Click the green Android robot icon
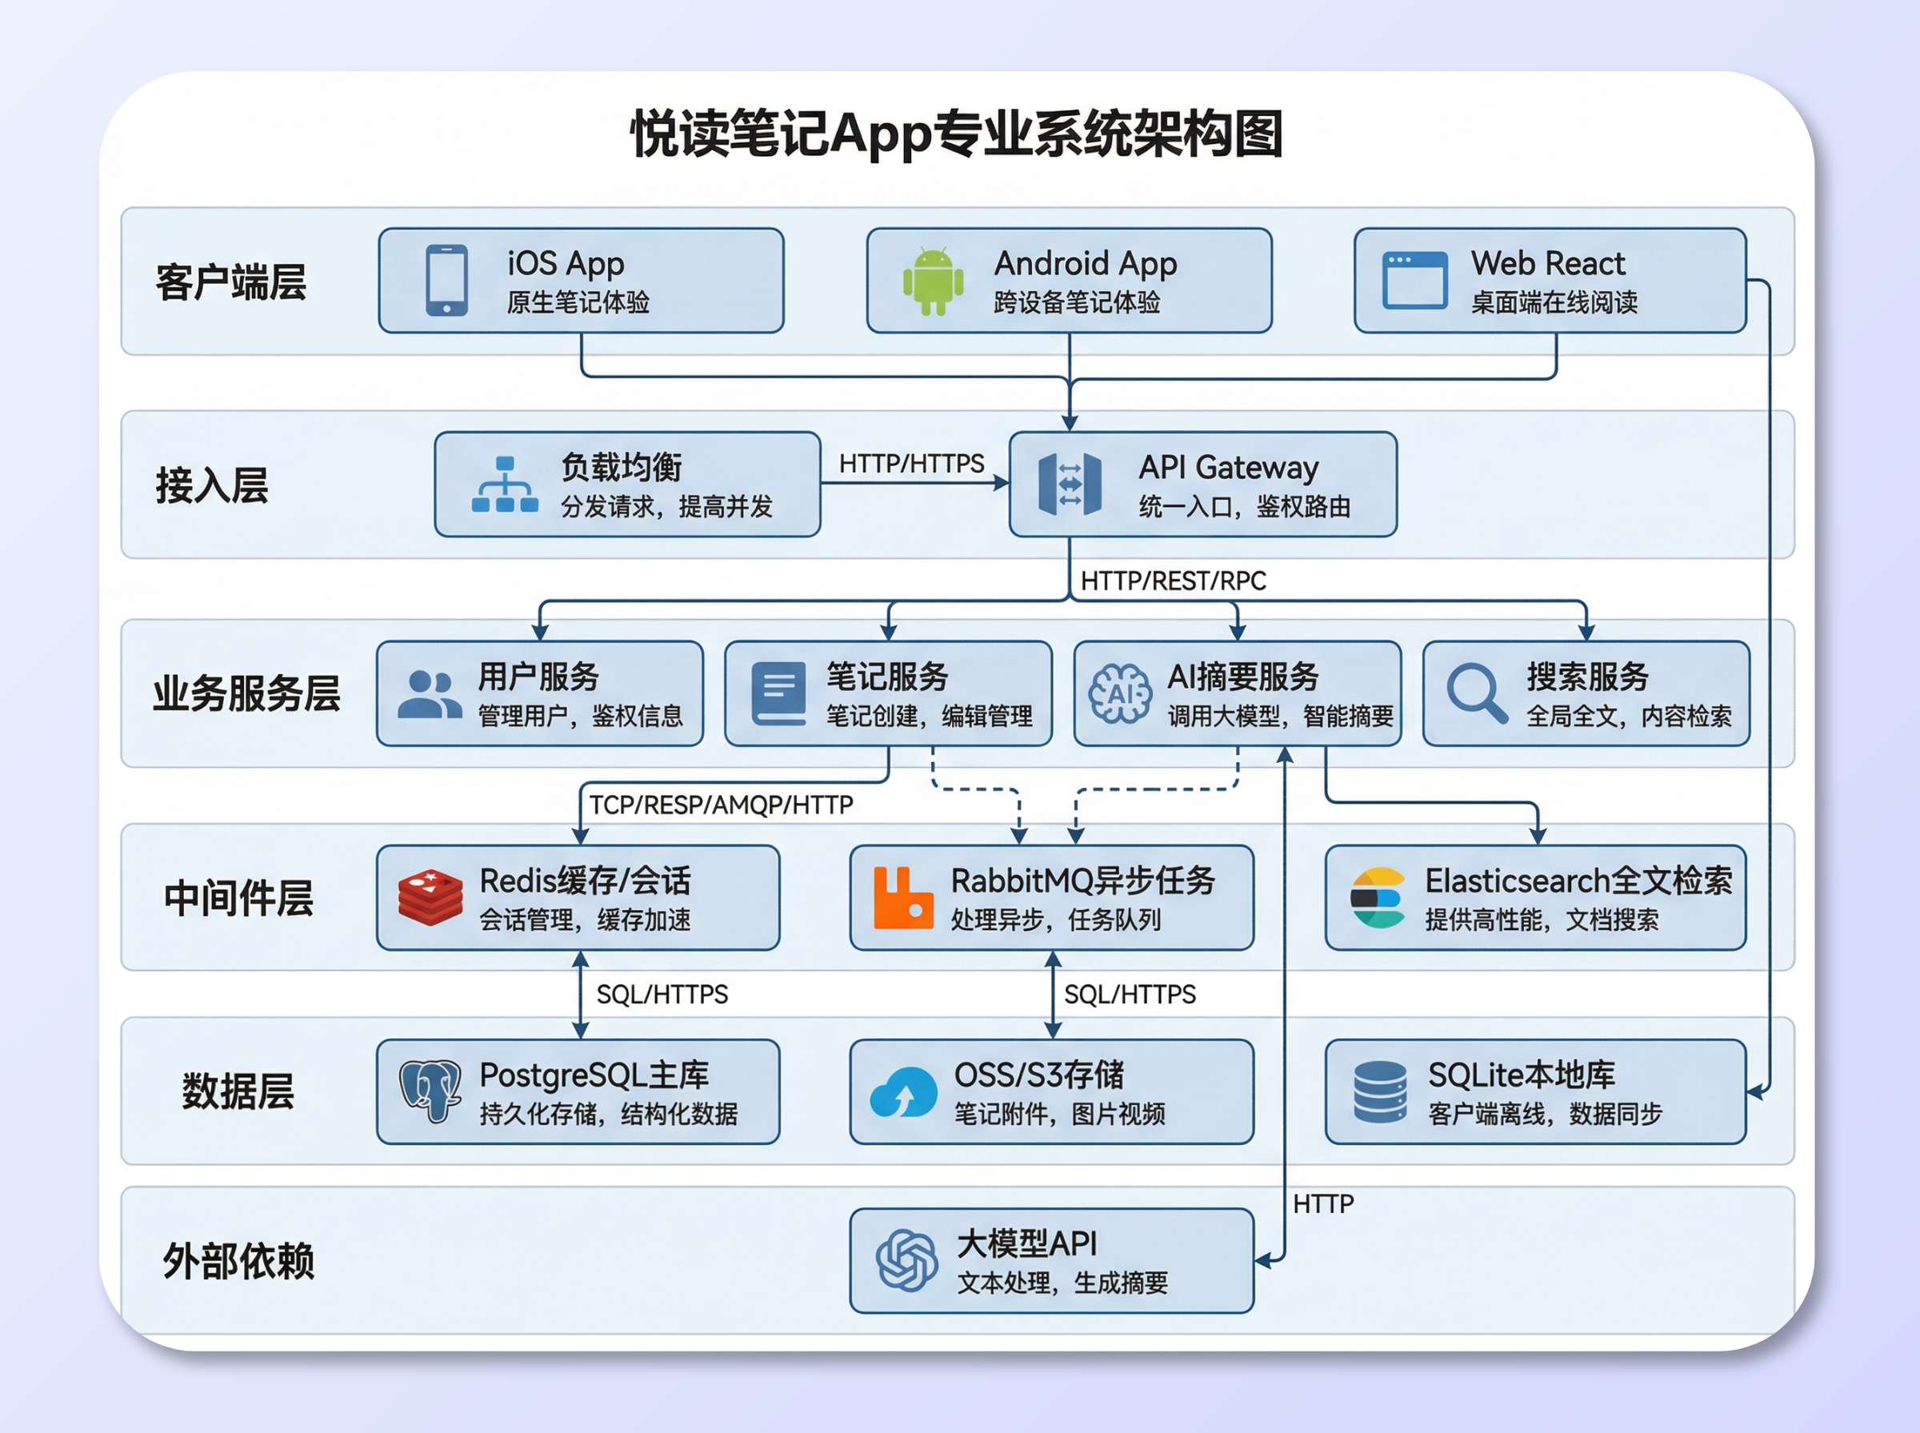tap(933, 281)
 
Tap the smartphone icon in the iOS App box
tap(447, 280)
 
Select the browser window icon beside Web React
tap(1414, 280)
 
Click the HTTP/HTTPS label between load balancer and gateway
tap(911, 464)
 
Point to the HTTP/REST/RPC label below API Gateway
tap(1173, 581)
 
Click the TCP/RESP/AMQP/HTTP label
tap(721, 805)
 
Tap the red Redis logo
tap(430, 898)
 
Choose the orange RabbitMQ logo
tap(902, 898)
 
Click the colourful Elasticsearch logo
tap(1377, 898)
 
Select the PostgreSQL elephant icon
tap(430, 1091)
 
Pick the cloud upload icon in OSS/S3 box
tap(902, 1093)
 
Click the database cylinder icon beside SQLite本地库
tap(1379, 1092)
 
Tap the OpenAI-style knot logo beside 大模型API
tap(906, 1260)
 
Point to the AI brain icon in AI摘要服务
tap(1120, 693)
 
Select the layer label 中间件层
tap(238, 898)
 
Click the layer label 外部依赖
tap(238, 1261)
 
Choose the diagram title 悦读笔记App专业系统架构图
tap(956, 134)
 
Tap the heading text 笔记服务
tap(886, 676)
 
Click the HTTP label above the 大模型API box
tap(1322, 1204)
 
